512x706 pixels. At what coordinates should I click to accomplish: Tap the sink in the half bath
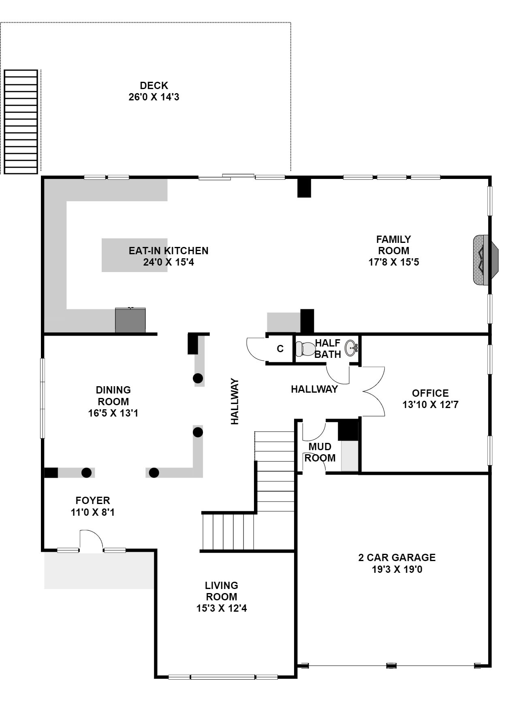point(351,348)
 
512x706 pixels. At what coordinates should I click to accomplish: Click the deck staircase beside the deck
point(21,122)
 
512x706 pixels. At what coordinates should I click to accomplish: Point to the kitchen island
point(134,255)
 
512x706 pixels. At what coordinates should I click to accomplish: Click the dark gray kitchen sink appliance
point(130,320)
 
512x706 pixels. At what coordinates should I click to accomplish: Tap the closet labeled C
point(280,349)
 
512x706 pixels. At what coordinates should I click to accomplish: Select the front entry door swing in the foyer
point(91,540)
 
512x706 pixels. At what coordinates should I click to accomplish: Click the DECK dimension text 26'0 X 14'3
point(154,97)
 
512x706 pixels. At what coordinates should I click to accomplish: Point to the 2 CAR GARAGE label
point(397,557)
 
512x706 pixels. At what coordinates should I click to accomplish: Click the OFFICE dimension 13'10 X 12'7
point(430,404)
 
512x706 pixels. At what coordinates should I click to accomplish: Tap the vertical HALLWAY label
point(235,401)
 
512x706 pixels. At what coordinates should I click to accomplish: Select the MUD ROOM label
point(320,452)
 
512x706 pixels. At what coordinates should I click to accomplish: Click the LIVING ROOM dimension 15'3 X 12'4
point(222,608)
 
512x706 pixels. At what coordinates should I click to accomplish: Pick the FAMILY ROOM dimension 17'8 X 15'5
point(394,262)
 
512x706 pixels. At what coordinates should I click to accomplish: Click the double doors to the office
point(373,391)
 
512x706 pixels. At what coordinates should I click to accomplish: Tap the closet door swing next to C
point(256,349)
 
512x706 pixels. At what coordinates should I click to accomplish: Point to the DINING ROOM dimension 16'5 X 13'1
point(113,413)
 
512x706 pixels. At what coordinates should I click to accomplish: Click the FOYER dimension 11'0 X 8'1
point(93,512)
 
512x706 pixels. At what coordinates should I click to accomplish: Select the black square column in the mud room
point(348,430)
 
